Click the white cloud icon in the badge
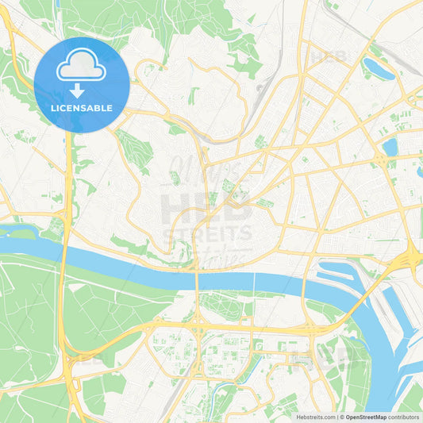click(82, 67)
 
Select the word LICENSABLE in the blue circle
click(82, 108)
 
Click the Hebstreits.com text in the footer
click(313, 416)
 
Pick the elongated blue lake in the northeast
click(379, 69)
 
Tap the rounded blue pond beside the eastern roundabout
click(390, 147)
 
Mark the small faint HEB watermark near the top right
click(328, 57)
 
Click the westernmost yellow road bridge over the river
click(196, 277)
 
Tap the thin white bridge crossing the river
click(253, 279)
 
